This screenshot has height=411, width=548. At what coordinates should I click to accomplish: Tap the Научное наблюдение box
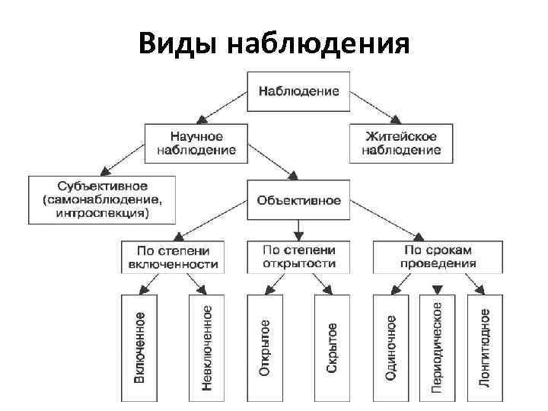coord(196,143)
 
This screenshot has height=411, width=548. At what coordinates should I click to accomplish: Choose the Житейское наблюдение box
coord(401,143)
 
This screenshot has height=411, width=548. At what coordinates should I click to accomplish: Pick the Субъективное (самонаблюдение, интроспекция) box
coord(102,199)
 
